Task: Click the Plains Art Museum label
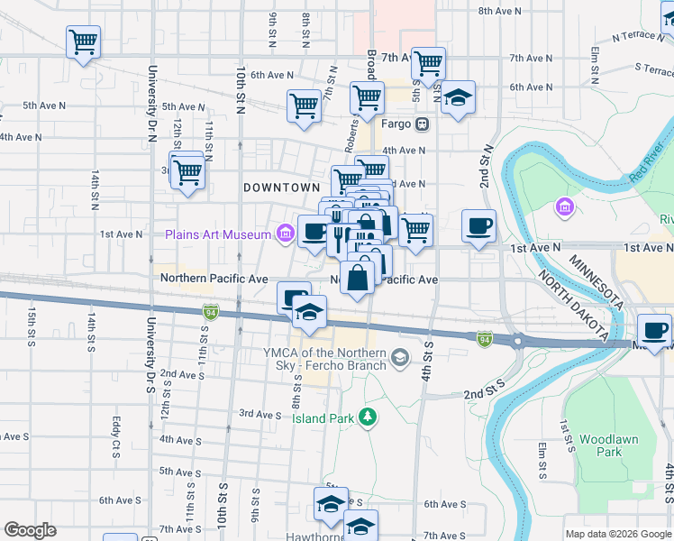(217, 234)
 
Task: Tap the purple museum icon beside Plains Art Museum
(285, 234)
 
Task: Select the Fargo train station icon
(422, 124)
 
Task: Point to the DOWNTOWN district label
(282, 187)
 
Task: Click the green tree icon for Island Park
(367, 416)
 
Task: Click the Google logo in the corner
(30, 530)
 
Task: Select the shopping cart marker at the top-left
(83, 41)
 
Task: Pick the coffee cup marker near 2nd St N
(478, 225)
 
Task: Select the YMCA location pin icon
(400, 360)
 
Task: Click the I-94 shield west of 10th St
(209, 311)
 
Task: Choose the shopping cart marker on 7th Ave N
(428, 63)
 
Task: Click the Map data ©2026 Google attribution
(617, 534)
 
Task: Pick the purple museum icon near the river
(565, 207)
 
